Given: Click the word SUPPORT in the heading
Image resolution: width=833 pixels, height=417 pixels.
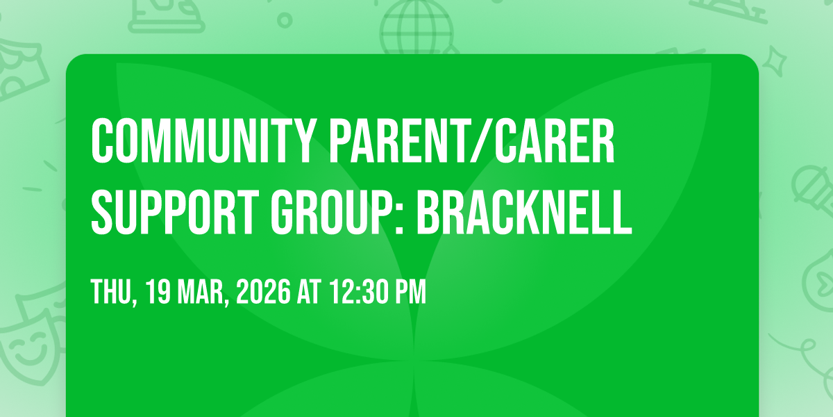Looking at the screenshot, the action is (x=175, y=212).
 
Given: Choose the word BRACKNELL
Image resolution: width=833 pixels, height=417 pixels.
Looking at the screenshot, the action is (x=524, y=212).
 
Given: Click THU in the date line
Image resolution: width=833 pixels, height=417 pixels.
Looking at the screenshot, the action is (x=112, y=292).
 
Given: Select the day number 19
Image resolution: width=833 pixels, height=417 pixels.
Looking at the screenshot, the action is (x=158, y=292).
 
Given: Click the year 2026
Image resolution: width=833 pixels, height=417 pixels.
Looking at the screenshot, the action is (x=263, y=292).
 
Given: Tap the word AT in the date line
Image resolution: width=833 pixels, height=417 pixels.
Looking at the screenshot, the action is (x=309, y=292).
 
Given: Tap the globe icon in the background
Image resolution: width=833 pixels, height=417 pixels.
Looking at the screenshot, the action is (x=416, y=27).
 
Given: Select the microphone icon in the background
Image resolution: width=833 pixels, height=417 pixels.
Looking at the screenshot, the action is (x=814, y=190).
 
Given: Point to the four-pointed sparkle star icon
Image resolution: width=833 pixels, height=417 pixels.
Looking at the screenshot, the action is (x=775, y=61).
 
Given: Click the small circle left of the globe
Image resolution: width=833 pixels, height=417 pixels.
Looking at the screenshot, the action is (x=285, y=20).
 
